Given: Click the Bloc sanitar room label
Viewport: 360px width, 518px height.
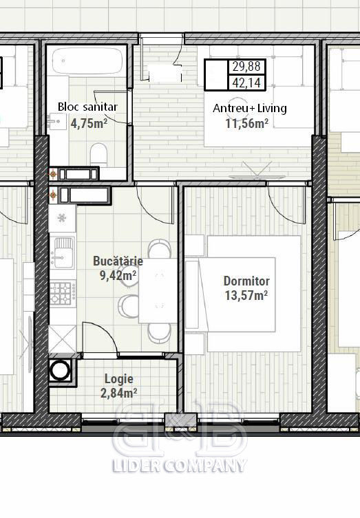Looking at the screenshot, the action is point(87,107).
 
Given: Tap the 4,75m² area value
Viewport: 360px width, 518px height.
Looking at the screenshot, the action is point(89,124).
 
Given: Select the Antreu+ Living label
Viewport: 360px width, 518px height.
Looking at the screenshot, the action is point(250,108).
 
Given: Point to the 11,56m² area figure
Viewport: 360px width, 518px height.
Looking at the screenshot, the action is point(246,124).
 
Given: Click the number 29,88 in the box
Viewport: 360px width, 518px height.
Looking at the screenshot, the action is point(246,67).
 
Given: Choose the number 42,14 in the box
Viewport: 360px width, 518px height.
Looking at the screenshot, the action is point(246,83).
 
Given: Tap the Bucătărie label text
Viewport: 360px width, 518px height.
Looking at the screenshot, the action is point(118,261).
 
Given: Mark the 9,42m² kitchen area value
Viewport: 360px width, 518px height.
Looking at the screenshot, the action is point(118,275).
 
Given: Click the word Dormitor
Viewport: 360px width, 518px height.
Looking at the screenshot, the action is point(246,281).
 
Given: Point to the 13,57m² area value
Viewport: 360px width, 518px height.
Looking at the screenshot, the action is point(246,295).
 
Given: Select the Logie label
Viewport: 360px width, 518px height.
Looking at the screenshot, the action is point(119,379).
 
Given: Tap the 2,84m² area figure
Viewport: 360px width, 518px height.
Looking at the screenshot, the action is point(118,393).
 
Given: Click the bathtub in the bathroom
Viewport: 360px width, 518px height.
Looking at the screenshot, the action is point(87,61).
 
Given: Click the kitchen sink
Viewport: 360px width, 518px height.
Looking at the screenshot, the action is point(62,252).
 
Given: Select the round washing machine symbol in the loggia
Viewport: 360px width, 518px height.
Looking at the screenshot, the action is point(60,370).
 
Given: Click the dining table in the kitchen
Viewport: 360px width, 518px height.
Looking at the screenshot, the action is point(158,291).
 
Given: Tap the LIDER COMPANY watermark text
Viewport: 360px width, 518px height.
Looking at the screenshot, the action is point(180,465).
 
